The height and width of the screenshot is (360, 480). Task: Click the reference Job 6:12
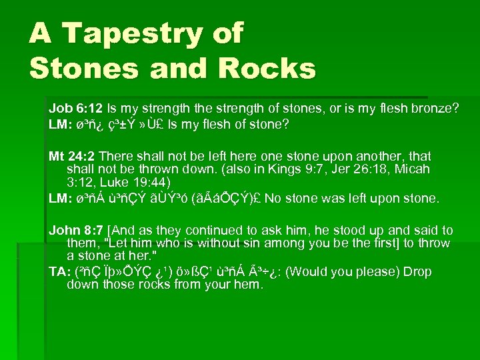pos(74,107)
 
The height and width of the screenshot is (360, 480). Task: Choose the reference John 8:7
pos(79,230)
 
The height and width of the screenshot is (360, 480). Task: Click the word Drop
pos(417,272)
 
